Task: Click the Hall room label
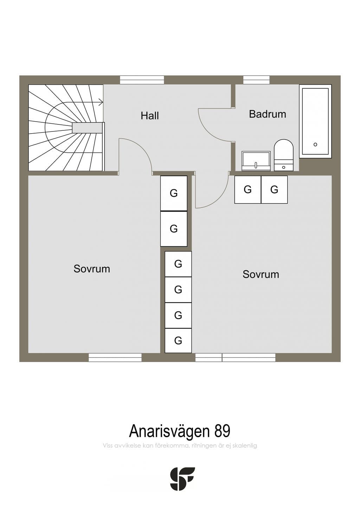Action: pos(149,116)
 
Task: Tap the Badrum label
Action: pos(268,114)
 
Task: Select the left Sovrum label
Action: pos(92,269)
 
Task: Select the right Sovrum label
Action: pos(261,274)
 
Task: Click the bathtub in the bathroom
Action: pos(315,121)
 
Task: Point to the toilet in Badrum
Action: pos(284,155)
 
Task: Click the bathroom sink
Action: pos(256,161)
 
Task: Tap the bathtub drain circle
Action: pos(315,144)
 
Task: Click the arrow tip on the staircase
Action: pos(103,102)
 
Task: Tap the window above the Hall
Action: pos(142,80)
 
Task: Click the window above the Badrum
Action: pos(256,80)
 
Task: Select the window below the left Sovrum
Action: pos(115,357)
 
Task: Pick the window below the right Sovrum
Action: pos(236,357)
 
